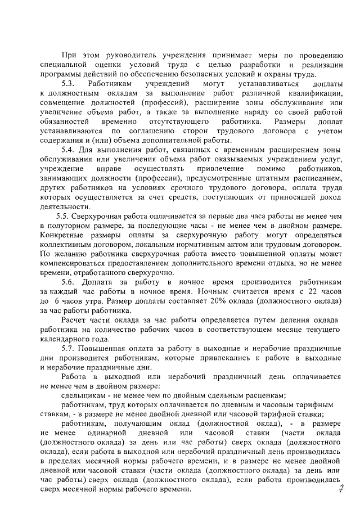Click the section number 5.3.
pyautogui.click(x=69, y=83)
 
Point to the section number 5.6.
pyautogui.click(x=69, y=281)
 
